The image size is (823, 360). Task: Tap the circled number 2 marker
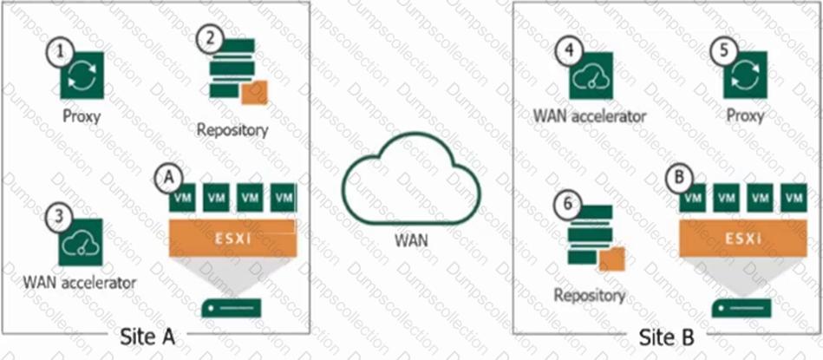coord(207,37)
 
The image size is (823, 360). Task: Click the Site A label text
coord(145,337)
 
